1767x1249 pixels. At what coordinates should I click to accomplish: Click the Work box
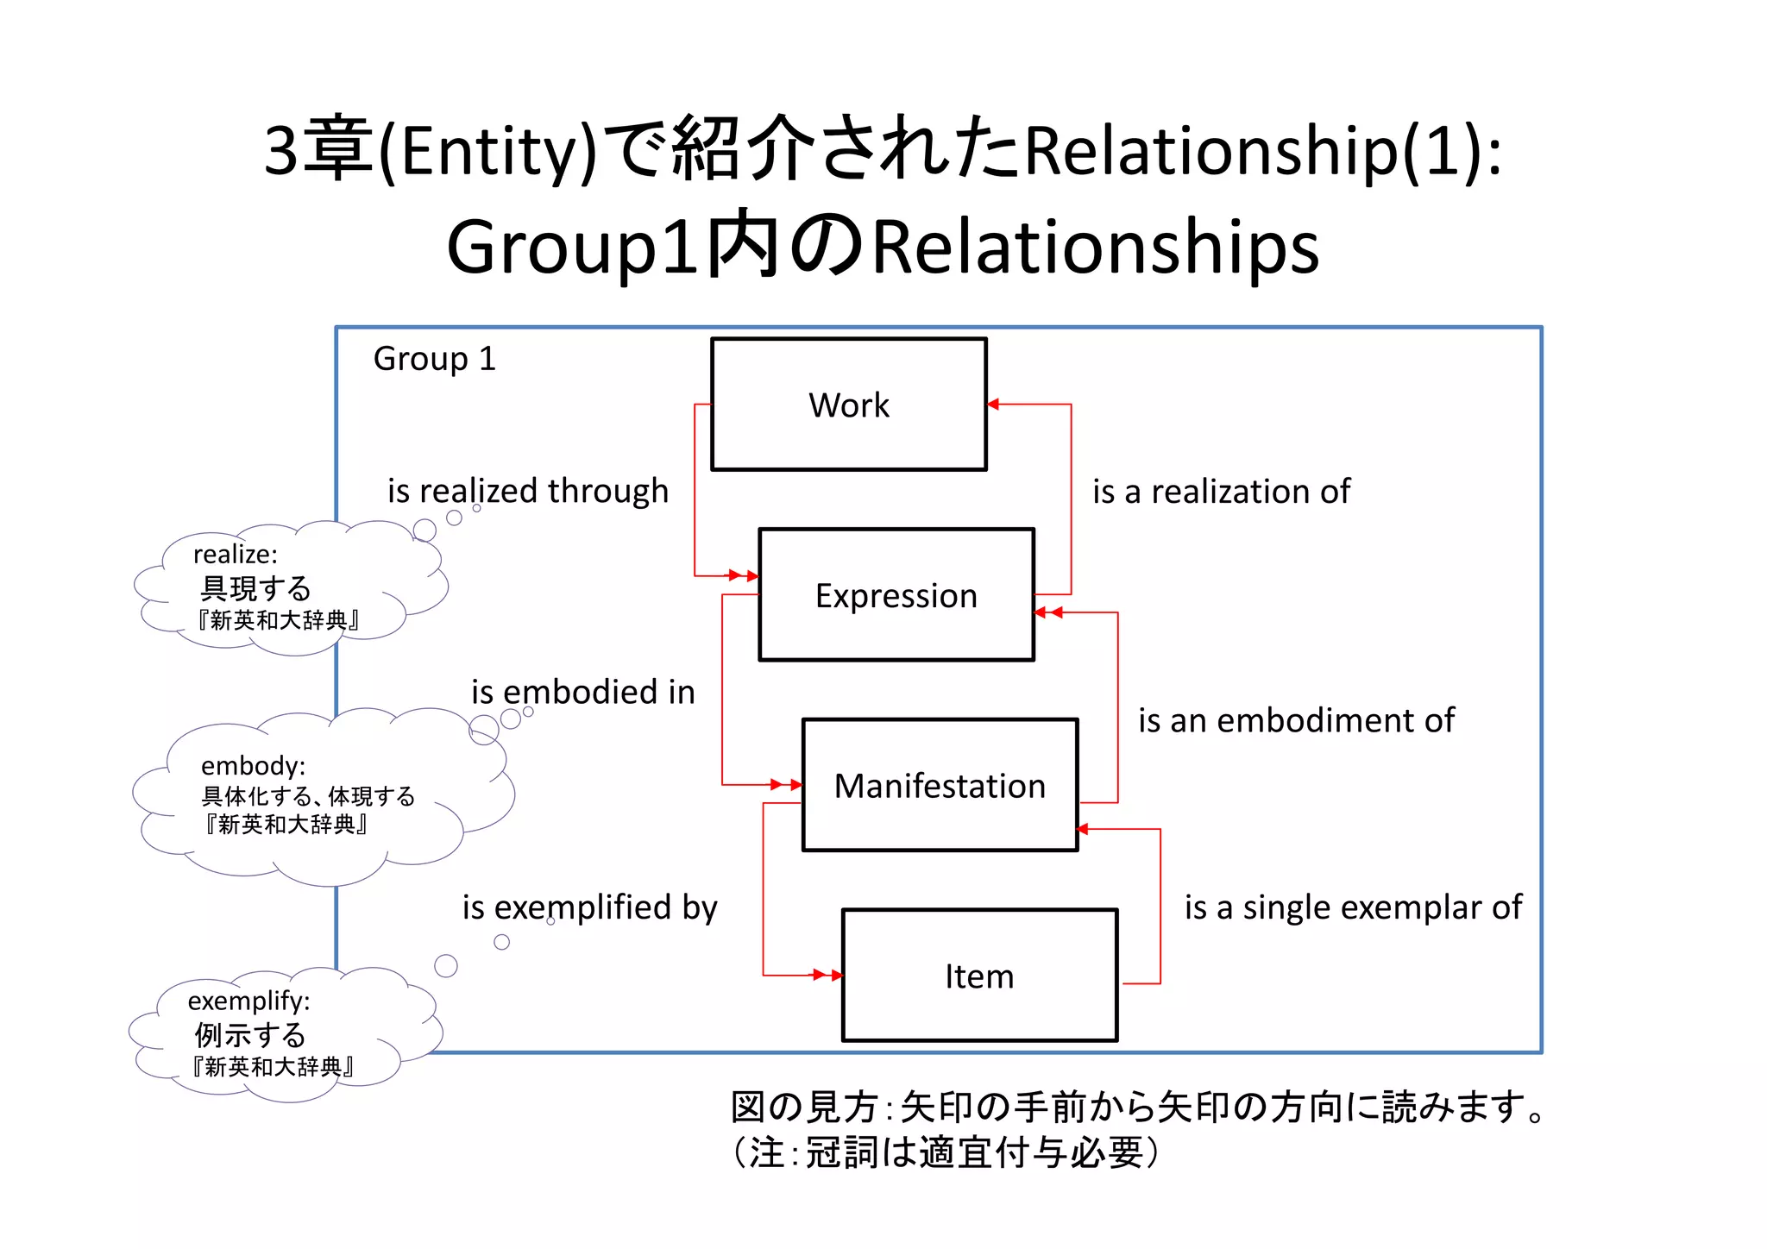pyautogui.click(x=848, y=405)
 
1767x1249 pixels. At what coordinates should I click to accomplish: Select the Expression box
pyautogui.click(x=896, y=595)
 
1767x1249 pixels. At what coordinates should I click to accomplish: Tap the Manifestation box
pyautogui.click(x=940, y=785)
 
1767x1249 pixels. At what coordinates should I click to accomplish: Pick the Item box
pyautogui.click(x=979, y=976)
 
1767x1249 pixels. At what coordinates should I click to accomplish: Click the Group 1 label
pyautogui.click(x=434, y=358)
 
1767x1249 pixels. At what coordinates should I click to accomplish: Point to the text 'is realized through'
pyautogui.click(x=527, y=490)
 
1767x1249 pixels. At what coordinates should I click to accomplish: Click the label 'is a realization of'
pyautogui.click(x=1221, y=491)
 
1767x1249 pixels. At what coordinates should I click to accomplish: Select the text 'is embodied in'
pyautogui.click(x=582, y=692)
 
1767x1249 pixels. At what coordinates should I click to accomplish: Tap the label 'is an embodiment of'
pyautogui.click(x=1296, y=720)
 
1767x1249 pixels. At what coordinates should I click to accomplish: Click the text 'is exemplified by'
pyautogui.click(x=589, y=907)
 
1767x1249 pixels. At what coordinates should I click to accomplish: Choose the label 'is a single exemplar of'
pyautogui.click(x=1353, y=907)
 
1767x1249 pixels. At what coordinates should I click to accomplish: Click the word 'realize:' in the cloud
pyautogui.click(x=235, y=554)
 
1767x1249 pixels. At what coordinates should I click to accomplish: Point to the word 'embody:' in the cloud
pyautogui.click(x=253, y=765)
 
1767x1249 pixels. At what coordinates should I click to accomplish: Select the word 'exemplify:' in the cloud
pyautogui.click(x=248, y=1001)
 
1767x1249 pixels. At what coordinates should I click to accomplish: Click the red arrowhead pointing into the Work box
pyautogui.click(x=993, y=404)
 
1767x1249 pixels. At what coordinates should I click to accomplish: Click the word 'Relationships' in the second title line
pyautogui.click(x=1096, y=247)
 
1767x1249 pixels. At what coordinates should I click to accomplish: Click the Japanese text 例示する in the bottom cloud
pyautogui.click(x=250, y=1034)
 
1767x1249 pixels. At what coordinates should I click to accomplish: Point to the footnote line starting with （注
pyautogui.click(x=946, y=1152)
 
